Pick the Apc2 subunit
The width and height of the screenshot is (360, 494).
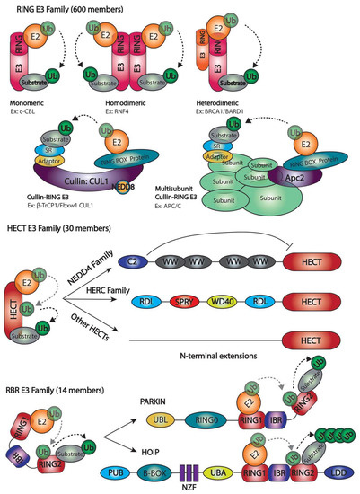[x=294, y=204]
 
